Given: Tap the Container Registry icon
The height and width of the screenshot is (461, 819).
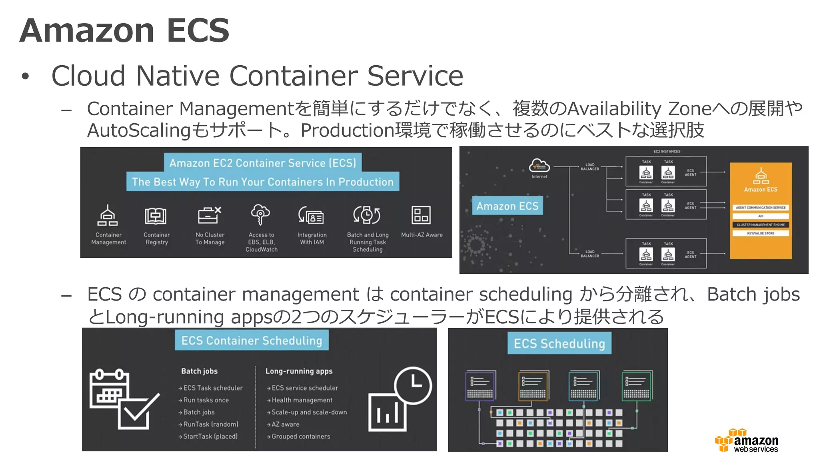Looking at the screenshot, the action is click(156, 216).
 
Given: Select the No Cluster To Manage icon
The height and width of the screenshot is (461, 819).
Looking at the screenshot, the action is click(209, 215).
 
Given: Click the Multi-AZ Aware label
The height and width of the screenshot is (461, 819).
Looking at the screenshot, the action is click(422, 235).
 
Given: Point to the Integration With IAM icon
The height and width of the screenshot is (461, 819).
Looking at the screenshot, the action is click(311, 216).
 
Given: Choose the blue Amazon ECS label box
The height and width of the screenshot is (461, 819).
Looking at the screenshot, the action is click(507, 206).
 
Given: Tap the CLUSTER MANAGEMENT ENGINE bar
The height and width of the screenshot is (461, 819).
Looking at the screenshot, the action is click(761, 224).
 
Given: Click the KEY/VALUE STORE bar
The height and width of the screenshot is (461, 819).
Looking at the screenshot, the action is click(761, 233).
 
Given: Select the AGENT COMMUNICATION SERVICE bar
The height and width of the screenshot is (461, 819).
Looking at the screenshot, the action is click(761, 208).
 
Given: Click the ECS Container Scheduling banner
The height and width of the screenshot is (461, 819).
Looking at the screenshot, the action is click(252, 341).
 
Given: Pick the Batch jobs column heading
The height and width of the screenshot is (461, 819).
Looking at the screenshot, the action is click(199, 371).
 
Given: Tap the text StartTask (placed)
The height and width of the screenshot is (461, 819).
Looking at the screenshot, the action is click(210, 436).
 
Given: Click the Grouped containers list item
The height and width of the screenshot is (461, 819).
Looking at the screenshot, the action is click(301, 436).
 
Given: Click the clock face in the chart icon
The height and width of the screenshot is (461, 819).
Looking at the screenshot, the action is click(413, 385).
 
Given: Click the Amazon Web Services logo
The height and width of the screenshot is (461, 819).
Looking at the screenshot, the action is click(747, 441).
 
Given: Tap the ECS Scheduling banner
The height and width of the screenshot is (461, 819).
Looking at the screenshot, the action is click(559, 343).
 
